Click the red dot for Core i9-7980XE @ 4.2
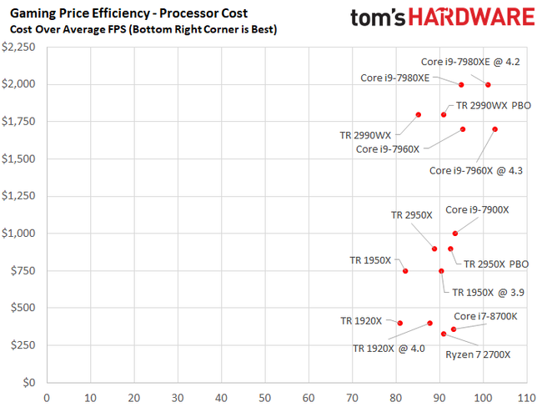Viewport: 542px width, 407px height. click(488, 85)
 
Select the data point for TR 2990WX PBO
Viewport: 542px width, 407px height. click(444, 114)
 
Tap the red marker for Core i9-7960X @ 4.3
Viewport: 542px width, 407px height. click(495, 129)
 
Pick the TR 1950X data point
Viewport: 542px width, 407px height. click(405, 271)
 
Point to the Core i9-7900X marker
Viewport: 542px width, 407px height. click(454, 234)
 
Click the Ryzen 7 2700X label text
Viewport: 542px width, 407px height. click(477, 354)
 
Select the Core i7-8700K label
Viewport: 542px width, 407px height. click(485, 316)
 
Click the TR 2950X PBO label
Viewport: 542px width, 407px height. click(496, 264)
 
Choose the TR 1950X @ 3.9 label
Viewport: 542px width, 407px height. click(488, 293)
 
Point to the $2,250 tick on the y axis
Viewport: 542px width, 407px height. click(19, 48)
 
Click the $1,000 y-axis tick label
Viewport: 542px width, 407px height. click(19, 234)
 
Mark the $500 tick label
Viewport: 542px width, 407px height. click(23, 309)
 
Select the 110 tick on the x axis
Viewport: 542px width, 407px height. click(525, 397)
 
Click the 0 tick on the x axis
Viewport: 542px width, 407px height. click(47, 397)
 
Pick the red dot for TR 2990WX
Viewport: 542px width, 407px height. click(419, 114)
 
